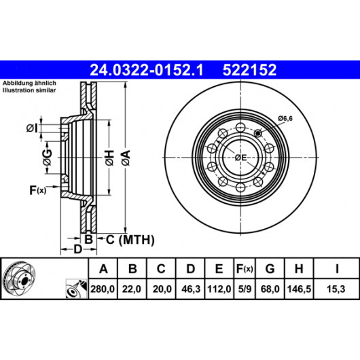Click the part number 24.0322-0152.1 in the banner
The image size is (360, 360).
tap(147, 70)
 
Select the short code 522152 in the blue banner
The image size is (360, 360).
tap(249, 70)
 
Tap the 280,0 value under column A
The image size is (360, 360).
tap(103, 289)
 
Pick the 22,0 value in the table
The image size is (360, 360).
tap(132, 289)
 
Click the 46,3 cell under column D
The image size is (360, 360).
tap(191, 289)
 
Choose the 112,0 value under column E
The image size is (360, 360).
tap(219, 289)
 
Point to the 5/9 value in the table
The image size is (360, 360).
tap(245, 289)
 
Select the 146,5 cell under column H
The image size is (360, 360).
tap(299, 289)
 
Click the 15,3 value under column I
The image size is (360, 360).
tap(336, 289)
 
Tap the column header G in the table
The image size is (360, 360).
tap(270, 268)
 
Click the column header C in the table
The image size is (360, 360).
tap(161, 268)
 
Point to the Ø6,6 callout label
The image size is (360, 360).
tap(285, 119)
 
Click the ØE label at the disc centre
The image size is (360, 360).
tap(240, 158)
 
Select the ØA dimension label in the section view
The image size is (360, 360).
tap(126, 158)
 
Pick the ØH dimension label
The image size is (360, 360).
tap(110, 158)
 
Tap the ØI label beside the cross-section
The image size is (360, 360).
tap(32, 128)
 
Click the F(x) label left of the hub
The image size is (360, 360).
tap(38, 190)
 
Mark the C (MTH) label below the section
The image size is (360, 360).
tap(130, 240)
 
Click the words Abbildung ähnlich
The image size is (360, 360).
tap(29, 83)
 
